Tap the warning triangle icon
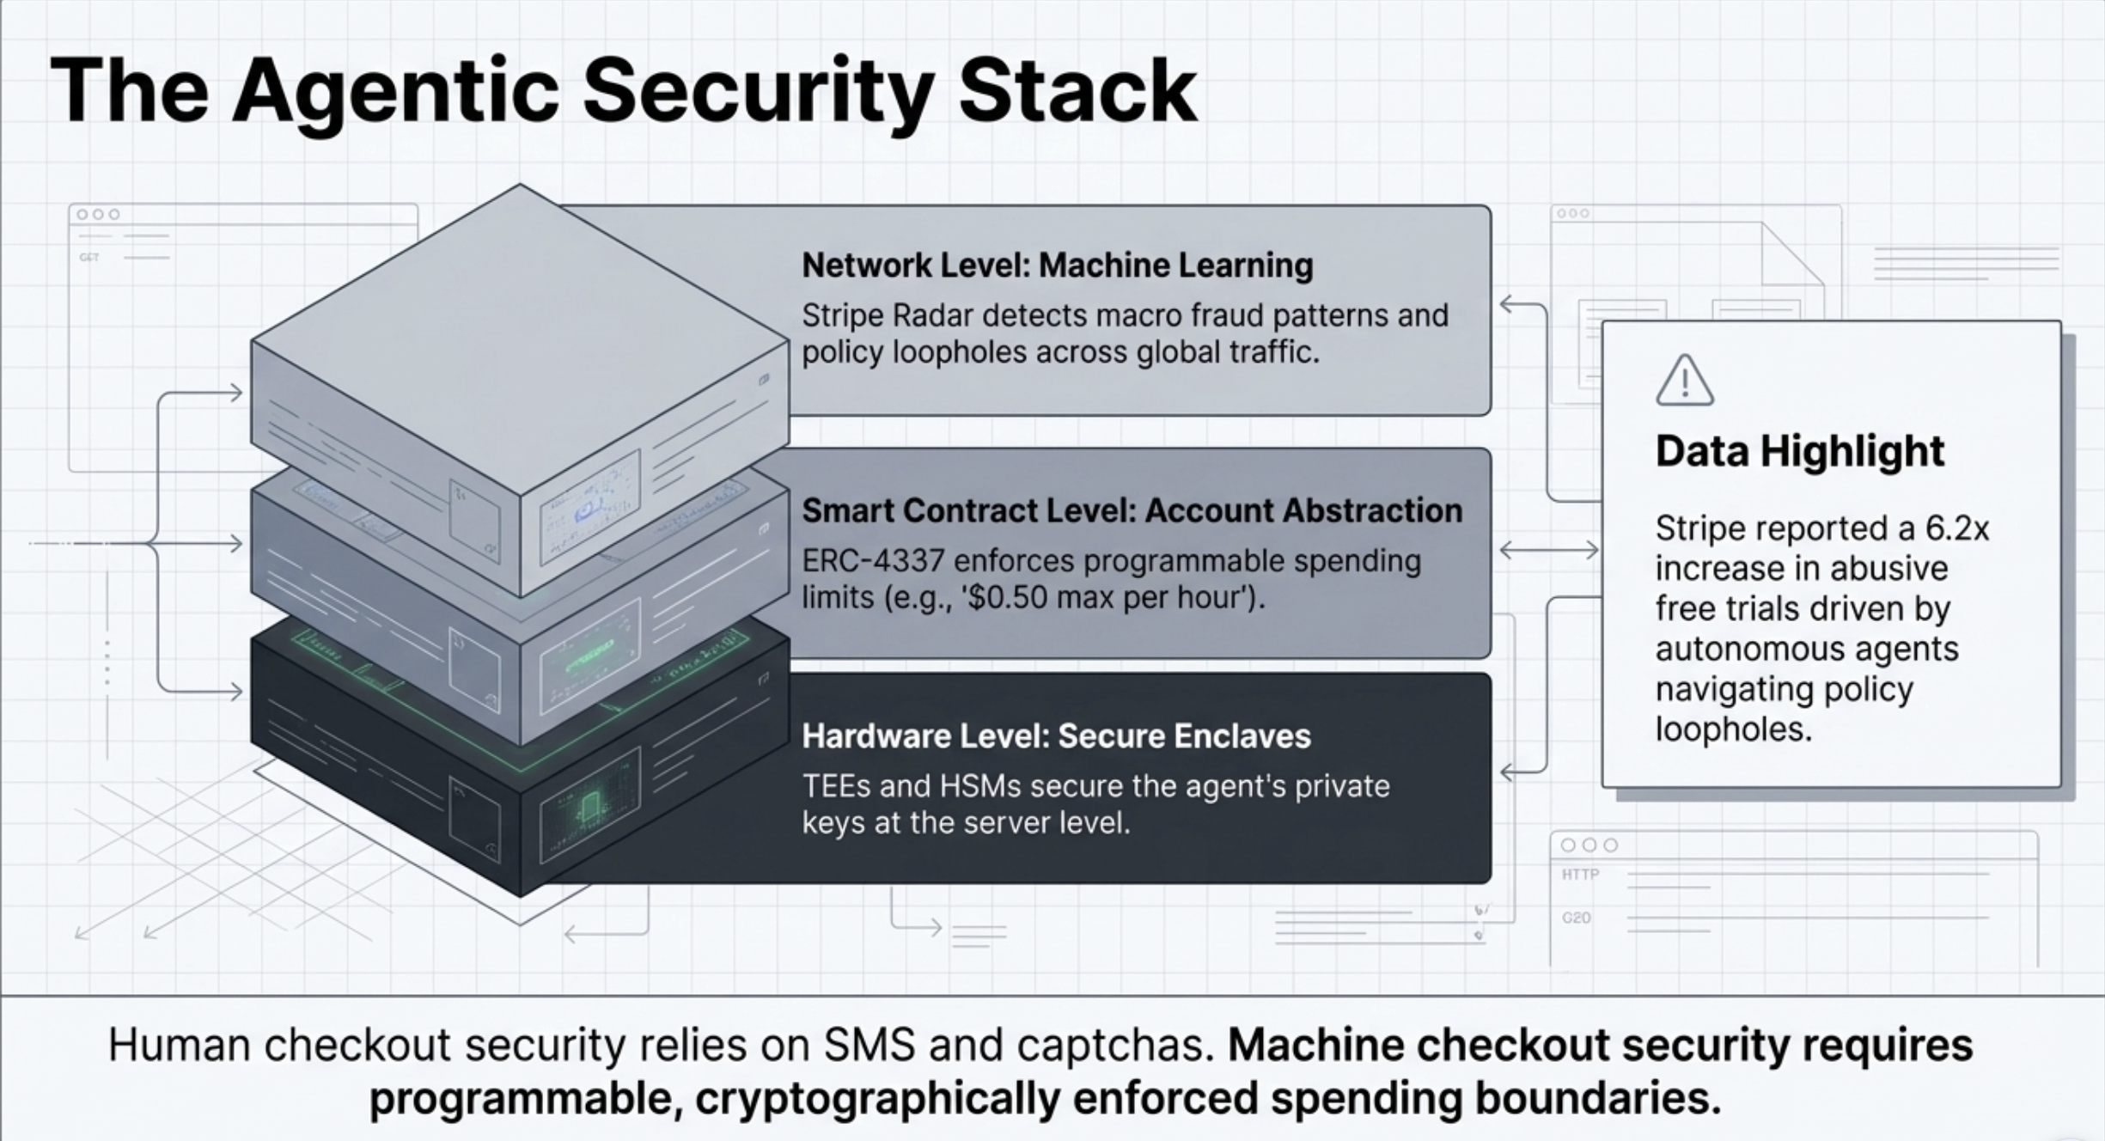pos(1684,381)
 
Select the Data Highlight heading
pos(1799,451)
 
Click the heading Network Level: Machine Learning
pos(1057,265)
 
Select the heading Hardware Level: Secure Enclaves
pos(1056,736)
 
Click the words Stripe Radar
pos(887,315)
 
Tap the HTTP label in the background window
pos(1580,875)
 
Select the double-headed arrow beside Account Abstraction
pos(1548,550)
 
